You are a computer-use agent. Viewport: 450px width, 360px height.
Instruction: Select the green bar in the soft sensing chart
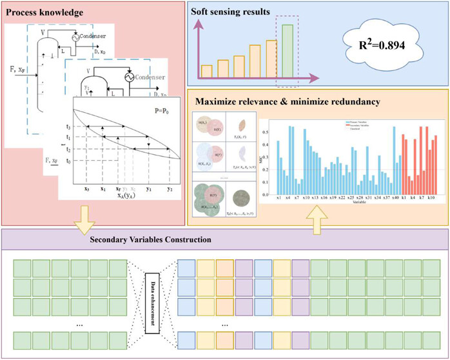pos(287,50)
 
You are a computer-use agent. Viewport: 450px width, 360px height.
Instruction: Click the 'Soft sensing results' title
pos(235,12)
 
